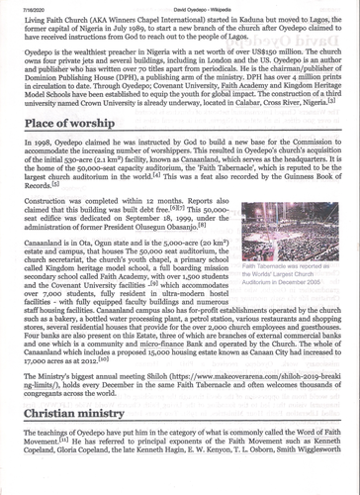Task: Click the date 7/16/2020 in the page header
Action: point(22,6)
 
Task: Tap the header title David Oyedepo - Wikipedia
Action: point(180,6)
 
